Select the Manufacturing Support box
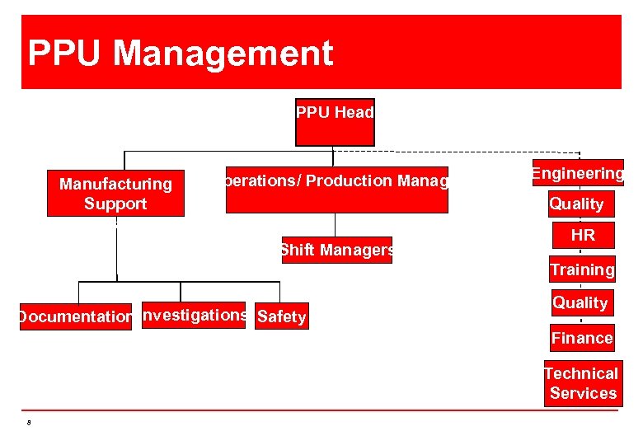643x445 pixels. pyautogui.click(x=115, y=194)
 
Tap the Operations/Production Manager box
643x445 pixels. pyautogui.click(x=336, y=190)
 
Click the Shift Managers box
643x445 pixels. pyautogui.click(x=336, y=250)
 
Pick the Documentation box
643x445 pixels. pyautogui.click(x=75, y=316)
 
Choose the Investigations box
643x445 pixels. pyautogui.click(x=194, y=315)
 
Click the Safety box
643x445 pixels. pyautogui.click(x=282, y=316)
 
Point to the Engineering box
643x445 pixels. pyautogui.click(x=578, y=173)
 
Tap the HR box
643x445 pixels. pyautogui.click(x=582, y=236)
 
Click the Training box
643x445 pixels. pyautogui.click(x=582, y=269)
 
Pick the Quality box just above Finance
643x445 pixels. pyautogui.click(x=580, y=302)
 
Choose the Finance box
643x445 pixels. pyautogui.click(x=582, y=338)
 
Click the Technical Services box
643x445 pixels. pyautogui.click(x=583, y=383)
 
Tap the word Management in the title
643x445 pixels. pyautogui.click(x=223, y=54)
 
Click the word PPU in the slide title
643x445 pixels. pyautogui.click(x=66, y=54)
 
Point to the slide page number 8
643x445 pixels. pyautogui.click(x=29, y=424)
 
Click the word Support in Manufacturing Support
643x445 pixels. pyautogui.click(x=115, y=204)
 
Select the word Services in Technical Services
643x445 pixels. pyautogui.click(x=584, y=393)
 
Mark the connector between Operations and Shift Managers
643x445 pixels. pyautogui.click(x=336, y=225)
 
